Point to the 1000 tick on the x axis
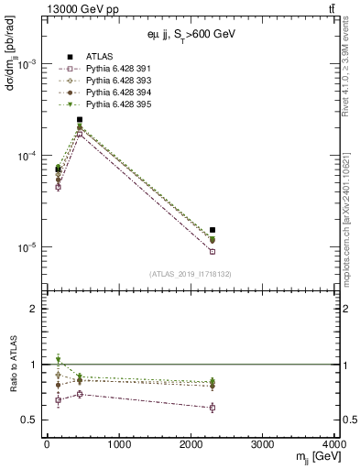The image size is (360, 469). coord(118,445)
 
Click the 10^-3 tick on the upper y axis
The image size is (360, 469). coord(26,65)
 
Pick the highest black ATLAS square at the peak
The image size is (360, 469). coord(80,119)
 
